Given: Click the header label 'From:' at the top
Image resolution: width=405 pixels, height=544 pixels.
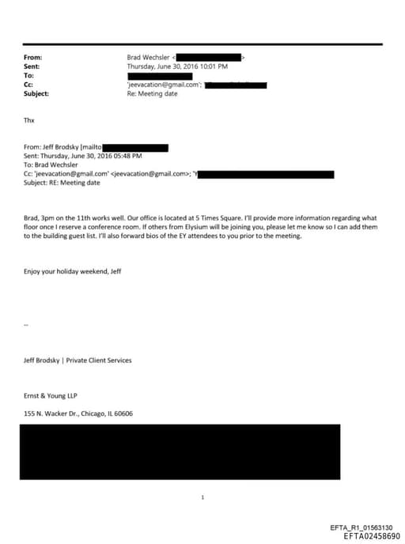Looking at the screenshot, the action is (33, 58).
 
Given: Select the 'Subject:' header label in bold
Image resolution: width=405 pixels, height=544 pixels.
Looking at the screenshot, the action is (36, 93).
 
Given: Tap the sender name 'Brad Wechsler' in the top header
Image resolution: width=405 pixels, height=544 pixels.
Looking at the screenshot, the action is (148, 58).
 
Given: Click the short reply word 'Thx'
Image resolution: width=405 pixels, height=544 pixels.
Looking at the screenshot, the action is (29, 120).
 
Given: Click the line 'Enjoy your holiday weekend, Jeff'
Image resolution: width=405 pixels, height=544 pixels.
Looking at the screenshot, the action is (73, 271).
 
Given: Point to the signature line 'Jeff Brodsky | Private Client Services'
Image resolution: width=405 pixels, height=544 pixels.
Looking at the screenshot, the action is (78, 360).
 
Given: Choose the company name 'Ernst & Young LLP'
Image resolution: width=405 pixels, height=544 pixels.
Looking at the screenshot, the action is (51, 395).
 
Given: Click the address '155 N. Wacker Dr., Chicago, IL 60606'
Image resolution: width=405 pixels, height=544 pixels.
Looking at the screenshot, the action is (78, 413).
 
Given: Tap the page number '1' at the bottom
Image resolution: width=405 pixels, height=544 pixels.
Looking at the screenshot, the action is (202, 497).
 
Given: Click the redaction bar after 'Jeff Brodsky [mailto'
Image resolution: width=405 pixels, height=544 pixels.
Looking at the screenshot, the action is (136, 147).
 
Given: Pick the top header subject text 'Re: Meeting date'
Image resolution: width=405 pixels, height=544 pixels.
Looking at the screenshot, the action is (153, 93).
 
